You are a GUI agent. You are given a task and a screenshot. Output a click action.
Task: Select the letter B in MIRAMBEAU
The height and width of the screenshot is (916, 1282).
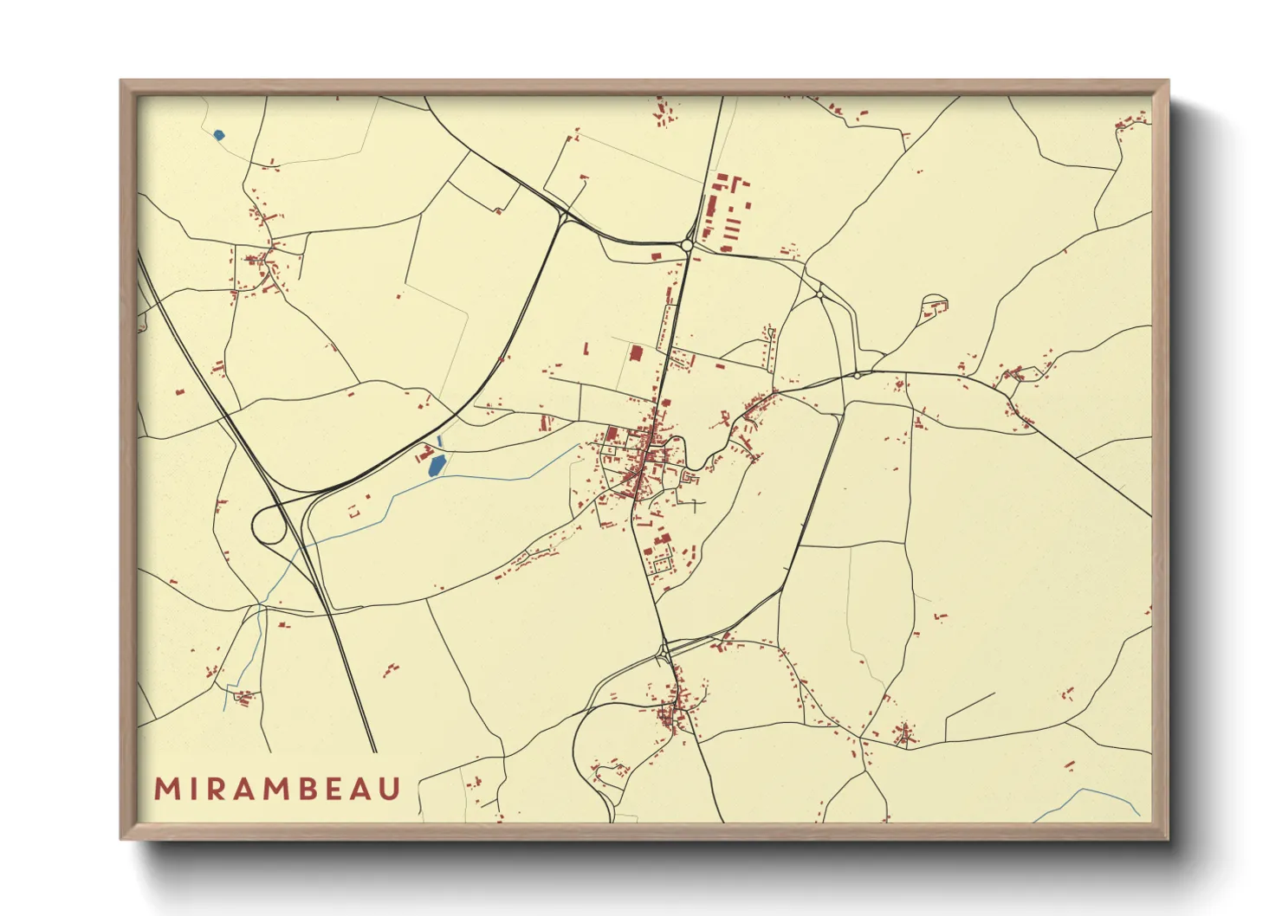pos(305,790)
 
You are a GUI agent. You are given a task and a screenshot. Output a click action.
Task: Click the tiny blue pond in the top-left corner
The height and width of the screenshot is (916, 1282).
pos(218,135)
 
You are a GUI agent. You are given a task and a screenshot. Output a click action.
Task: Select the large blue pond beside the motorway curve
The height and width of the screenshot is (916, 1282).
pos(437,466)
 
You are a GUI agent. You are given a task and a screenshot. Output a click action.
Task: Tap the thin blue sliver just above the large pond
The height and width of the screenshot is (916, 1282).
pos(441,442)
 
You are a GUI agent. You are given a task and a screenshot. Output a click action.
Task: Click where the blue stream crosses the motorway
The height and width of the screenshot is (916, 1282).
pos(301,546)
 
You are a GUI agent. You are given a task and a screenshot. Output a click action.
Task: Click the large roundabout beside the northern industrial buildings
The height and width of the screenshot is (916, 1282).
pos(687,246)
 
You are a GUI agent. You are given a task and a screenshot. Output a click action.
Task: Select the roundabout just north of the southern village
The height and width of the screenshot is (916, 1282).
pos(664,648)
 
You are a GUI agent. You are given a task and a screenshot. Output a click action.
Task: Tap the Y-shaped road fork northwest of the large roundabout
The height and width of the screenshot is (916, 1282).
pos(564,217)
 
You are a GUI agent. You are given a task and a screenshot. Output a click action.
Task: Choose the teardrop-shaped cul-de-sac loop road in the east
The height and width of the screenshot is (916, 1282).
pos(934,305)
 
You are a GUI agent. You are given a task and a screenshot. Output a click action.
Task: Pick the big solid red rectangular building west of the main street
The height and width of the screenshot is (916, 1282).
pos(636,353)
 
